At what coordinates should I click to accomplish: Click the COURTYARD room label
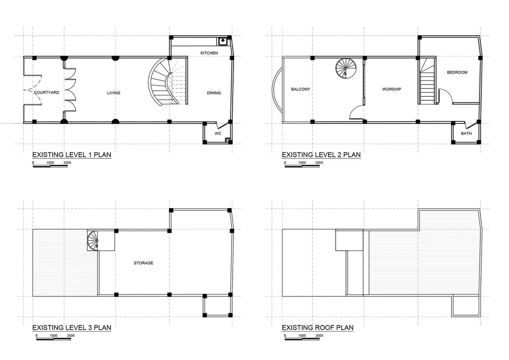46,93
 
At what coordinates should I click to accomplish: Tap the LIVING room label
114,93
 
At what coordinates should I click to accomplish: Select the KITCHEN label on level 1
209,53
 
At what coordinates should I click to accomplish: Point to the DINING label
214,93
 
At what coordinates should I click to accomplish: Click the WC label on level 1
218,133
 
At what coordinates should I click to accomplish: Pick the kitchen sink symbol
223,41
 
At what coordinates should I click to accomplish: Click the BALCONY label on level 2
300,89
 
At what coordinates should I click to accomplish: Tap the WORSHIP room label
391,89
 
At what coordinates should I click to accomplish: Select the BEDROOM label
457,72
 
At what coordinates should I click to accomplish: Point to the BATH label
466,133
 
